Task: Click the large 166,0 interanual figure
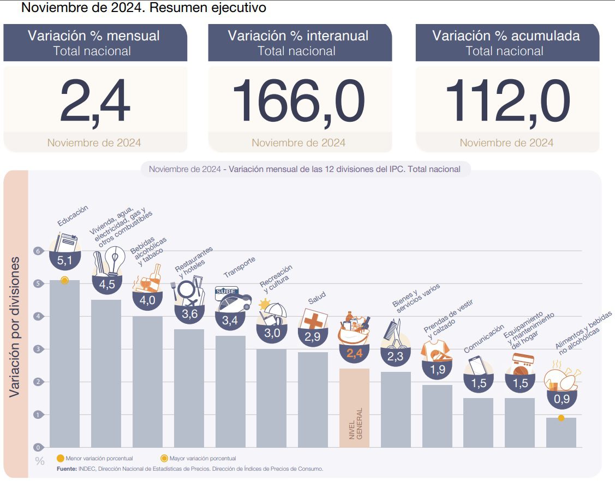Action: pos(298,102)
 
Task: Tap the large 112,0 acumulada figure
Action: pos(507,102)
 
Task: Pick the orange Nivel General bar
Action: pos(354,407)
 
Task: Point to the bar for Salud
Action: pos(313,399)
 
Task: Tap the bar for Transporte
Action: pos(230,390)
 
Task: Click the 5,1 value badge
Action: pos(64,260)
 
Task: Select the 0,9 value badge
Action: pos(562,399)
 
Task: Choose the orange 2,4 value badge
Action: pos(354,353)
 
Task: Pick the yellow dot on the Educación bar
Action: pos(64,280)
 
